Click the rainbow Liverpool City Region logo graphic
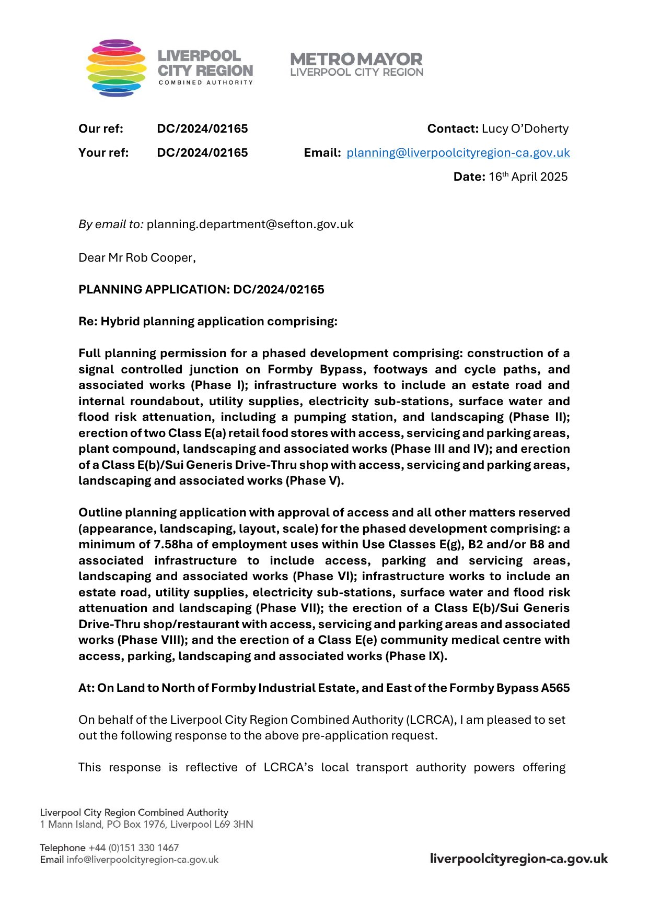point(116,68)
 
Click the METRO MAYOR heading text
point(356,59)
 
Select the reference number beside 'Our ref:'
point(202,129)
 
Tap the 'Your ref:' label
point(103,153)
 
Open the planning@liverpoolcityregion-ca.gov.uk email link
point(458,153)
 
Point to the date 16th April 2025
point(528,177)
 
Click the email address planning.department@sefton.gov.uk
point(250,225)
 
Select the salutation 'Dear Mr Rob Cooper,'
point(137,258)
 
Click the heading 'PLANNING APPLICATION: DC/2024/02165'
point(201,290)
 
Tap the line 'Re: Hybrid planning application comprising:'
point(208,322)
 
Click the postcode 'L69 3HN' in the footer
point(234,825)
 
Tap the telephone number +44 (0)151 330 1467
point(134,848)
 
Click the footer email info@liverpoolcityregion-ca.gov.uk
point(142,860)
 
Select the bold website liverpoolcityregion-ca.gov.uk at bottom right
point(518,859)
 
